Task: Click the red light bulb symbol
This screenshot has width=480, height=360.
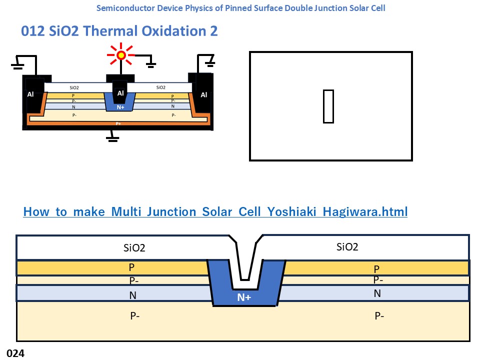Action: [120, 55]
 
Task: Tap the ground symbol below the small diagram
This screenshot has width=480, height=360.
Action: [112, 137]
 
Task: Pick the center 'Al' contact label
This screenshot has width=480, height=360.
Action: [120, 93]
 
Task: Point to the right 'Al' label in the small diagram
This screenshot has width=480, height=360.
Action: [204, 94]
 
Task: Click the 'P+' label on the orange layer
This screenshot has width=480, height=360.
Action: [118, 123]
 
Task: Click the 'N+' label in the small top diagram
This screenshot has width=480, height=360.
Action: [120, 107]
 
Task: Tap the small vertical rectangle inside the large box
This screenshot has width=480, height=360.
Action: [328, 106]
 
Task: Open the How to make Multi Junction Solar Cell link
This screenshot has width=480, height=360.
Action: [215, 211]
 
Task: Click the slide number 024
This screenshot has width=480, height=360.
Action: [15, 353]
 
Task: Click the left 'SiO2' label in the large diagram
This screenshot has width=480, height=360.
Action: [134, 247]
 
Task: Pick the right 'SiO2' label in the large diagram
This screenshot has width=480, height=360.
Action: [348, 246]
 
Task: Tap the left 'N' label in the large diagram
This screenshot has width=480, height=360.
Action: [133, 295]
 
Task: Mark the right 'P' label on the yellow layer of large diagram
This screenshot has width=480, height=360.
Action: [377, 268]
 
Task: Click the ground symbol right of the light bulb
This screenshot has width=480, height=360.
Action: [149, 64]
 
